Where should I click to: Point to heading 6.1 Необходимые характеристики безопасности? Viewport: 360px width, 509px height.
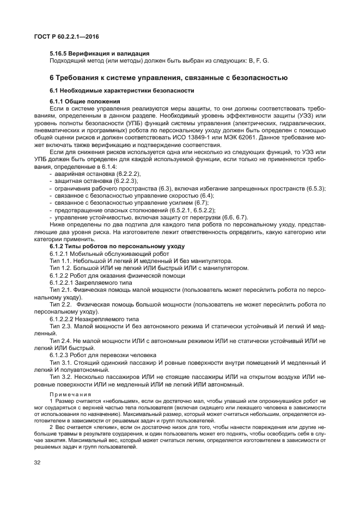[x=122, y=90]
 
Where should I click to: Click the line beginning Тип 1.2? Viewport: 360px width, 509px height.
[x=149, y=268]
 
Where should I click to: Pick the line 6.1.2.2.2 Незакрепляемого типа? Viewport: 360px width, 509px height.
[x=94, y=318]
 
